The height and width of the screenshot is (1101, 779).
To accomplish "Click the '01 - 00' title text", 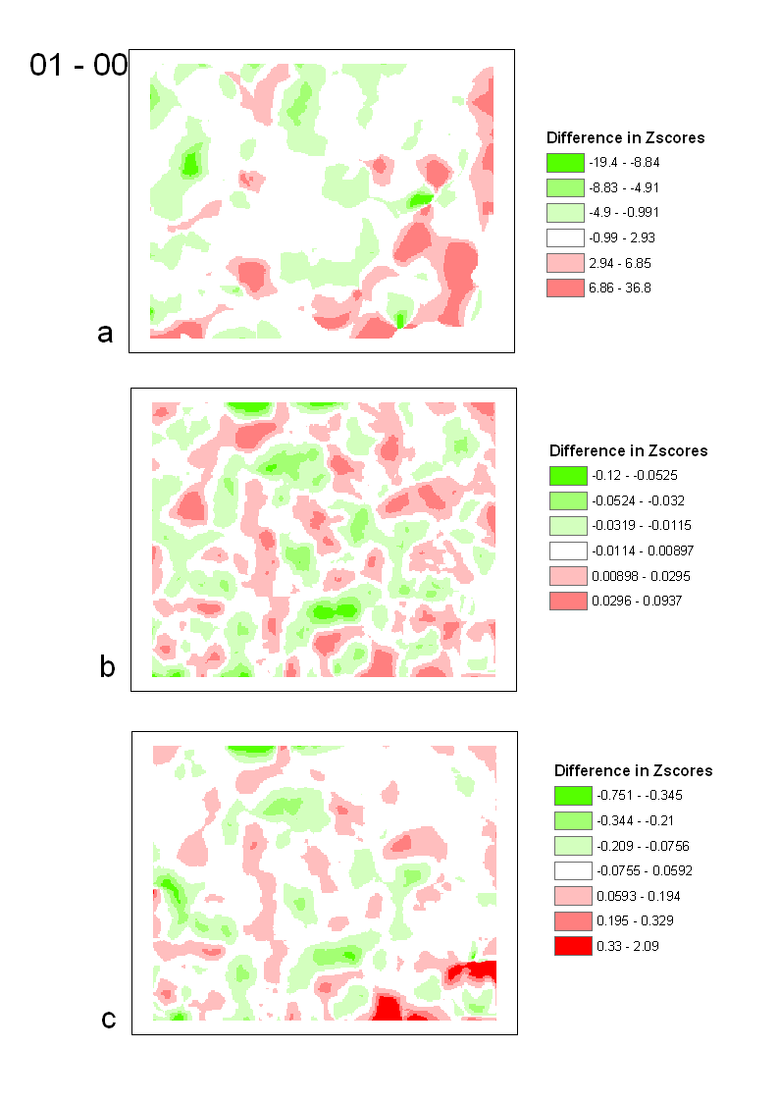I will point(78,66).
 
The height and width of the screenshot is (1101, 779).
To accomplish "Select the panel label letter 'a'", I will point(106,334).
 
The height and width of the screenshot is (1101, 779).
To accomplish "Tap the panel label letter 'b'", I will point(108,667).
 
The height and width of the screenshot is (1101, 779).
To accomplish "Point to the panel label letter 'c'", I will point(109,1020).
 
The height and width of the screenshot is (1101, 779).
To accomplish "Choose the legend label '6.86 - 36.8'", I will point(620,288).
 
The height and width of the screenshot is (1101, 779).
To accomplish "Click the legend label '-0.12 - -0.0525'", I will point(634,476).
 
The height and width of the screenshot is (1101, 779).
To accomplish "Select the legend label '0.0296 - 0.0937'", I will point(637,601).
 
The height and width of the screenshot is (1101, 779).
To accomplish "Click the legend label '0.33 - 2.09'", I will point(626,946).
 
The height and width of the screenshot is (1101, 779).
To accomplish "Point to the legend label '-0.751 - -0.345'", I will point(635,796).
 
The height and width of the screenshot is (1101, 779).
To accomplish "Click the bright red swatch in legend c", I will point(573,946).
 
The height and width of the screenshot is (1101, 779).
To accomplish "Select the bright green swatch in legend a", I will point(565,163).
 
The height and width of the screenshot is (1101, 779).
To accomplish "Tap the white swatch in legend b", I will point(568,550).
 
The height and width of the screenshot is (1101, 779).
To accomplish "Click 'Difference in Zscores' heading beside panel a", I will point(625,138).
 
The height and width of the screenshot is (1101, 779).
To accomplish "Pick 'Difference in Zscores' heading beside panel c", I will point(633,770).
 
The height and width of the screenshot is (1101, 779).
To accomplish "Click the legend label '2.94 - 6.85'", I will point(620,264).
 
